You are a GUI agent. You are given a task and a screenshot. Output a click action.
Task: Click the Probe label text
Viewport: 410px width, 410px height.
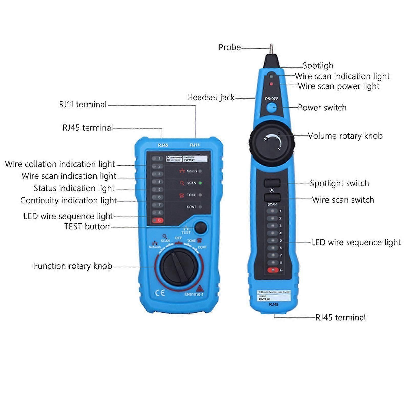coord(229,47)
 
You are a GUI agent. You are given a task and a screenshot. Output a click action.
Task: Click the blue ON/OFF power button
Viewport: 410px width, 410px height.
coord(271,108)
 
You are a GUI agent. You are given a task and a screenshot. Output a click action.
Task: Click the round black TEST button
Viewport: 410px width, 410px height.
coord(201,227)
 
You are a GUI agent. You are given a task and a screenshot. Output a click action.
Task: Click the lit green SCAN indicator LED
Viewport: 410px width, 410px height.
coord(200,183)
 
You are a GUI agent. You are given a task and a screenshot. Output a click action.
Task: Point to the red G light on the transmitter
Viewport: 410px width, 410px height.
coord(157,220)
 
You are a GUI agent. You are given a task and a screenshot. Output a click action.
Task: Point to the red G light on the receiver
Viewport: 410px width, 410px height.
coord(273,270)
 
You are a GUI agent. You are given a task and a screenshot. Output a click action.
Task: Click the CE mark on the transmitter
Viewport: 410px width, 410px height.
coord(160,293)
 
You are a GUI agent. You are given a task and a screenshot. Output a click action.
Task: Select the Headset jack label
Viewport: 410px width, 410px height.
coord(211,98)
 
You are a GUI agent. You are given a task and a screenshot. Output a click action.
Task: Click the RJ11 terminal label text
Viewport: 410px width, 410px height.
coord(83,104)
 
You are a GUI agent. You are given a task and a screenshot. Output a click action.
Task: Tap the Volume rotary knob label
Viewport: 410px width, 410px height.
coord(345,136)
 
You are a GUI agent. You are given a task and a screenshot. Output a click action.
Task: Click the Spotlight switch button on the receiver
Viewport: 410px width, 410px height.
coord(272,183)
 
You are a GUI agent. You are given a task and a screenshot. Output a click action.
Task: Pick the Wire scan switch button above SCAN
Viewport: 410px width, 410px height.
coord(272,197)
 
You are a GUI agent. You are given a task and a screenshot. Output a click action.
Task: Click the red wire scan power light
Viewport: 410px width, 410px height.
coord(271,84)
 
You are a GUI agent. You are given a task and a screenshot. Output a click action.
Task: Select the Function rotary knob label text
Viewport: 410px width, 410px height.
coord(73,266)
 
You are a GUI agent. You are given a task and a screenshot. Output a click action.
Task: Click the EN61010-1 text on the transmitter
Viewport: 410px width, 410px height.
coord(194,295)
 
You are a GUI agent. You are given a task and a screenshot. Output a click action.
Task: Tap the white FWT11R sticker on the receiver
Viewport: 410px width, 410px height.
coord(274,296)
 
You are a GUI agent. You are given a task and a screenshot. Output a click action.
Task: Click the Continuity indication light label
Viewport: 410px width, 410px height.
coord(69,201)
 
